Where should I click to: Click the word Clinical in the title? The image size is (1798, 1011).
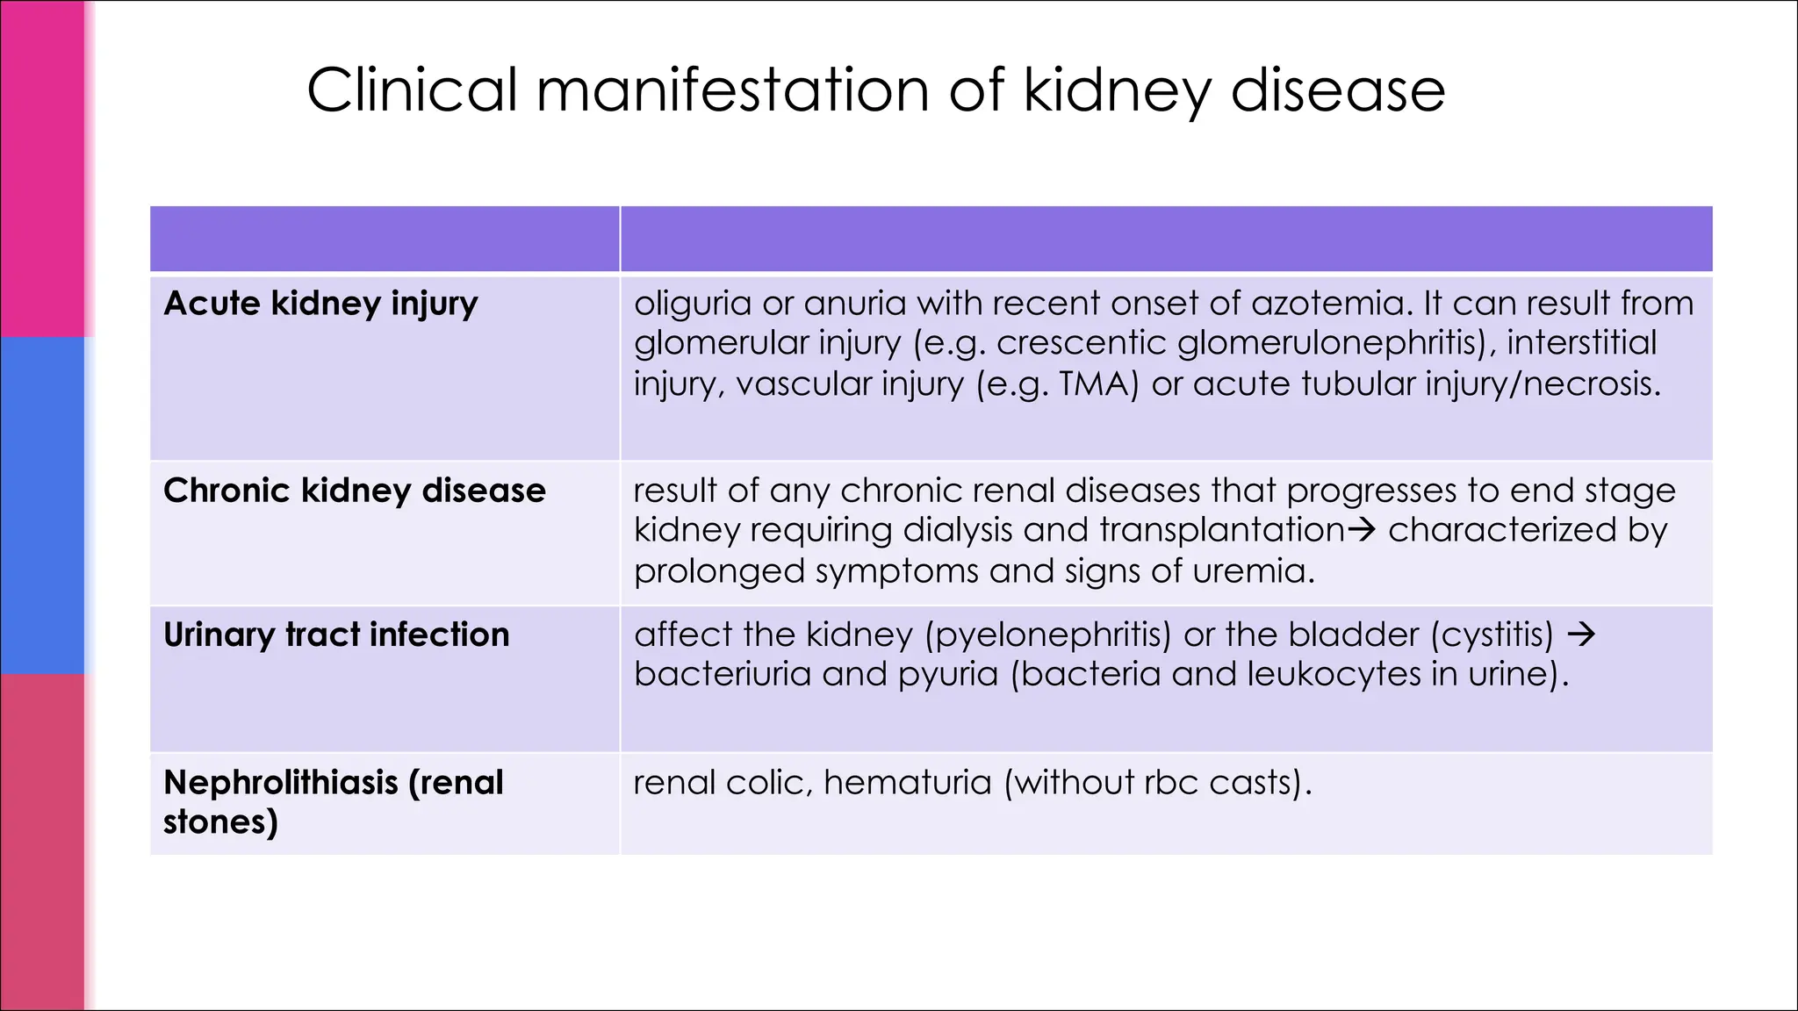coord(412,90)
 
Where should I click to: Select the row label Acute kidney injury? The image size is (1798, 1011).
coord(320,304)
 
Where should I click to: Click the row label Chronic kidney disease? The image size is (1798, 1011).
coord(354,491)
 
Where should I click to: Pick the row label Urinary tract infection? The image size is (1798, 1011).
coord(336,635)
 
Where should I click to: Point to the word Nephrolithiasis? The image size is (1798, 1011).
coord(280,782)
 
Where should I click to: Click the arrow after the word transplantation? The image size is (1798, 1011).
coord(1361,530)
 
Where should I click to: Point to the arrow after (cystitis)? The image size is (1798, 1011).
coord(1581,635)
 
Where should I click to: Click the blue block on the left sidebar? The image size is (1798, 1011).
coord(42,505)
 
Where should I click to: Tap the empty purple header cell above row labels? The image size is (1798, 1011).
coord(385,239)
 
